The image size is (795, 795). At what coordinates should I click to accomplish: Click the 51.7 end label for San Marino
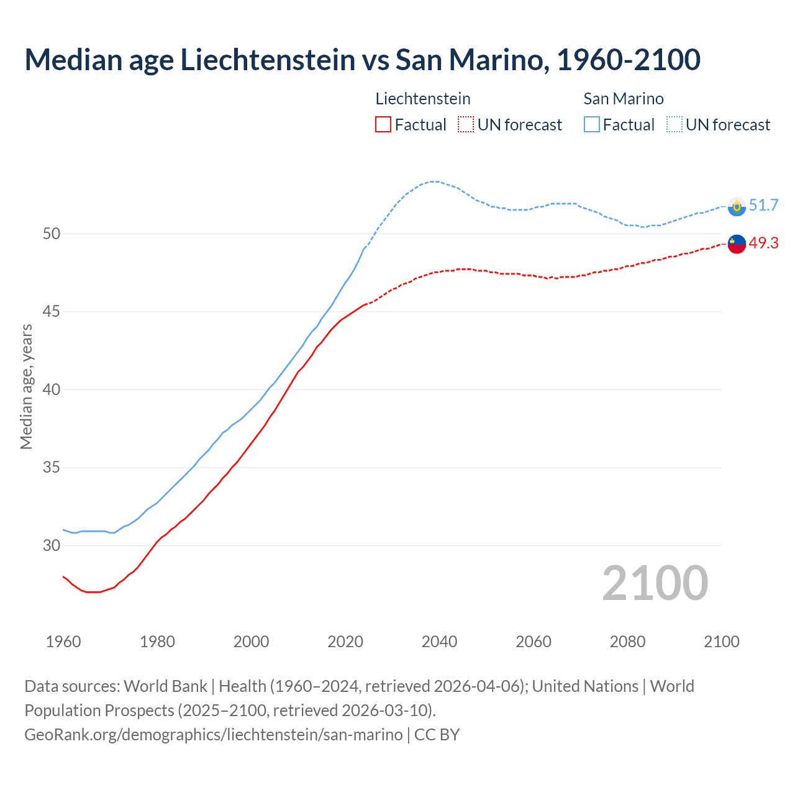[x=763, y=205]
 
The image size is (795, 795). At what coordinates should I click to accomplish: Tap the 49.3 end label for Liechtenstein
[x=763, y=243]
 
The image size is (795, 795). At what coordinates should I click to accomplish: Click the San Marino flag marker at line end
[x=737, y=206]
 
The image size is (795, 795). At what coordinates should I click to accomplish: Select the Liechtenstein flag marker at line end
[x=737, y=244]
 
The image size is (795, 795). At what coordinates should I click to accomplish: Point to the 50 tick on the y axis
[x=52, y=234]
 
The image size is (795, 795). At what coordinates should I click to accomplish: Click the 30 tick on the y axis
[x=52, y=545]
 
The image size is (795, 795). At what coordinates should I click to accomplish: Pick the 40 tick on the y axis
[x=52, y=389]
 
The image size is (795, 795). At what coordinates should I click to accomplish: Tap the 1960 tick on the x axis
[x=63, y=641]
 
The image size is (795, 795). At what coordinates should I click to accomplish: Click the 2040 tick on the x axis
[x=439, y=641]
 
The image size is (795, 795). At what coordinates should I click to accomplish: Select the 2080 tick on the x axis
[x=627, y=641]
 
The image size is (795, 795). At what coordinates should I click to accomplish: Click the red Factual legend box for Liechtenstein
[x=383, y=124]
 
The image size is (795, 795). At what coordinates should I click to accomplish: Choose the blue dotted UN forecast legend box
[x=675, y=124]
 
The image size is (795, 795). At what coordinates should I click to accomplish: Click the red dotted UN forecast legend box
[x=466, y=124]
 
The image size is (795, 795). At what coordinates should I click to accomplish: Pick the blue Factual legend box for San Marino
[x=592, y=124]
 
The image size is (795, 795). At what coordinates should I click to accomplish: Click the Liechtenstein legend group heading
[x=423, y=99]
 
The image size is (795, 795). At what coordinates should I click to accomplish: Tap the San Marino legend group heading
[x=624, y=99]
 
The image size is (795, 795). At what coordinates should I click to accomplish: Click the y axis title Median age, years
[x=26, y=386]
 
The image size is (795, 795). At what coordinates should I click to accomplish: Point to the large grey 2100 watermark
[x=655, y=583]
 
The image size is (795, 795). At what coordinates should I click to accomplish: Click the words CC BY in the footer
[x=437, y=734]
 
